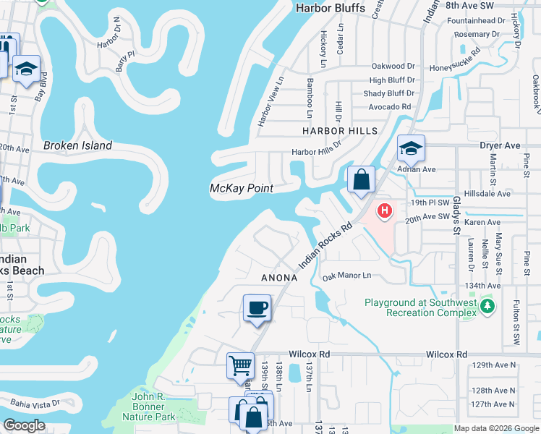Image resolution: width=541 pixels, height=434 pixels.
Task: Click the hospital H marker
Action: pos(385,212)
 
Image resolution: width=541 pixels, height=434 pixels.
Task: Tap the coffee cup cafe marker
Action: pos(257,309)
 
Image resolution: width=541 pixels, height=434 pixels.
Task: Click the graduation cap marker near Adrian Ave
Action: pos(410,149)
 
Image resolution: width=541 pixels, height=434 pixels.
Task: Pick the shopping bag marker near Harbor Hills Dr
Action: pos(361,179)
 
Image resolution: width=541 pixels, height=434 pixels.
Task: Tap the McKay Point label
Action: pos(241,188)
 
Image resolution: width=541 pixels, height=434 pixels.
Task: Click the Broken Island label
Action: pos(77,145)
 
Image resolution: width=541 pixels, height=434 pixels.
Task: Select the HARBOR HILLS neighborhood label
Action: pos(340,130)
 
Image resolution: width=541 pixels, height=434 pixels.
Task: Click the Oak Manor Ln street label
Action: pos(346,276)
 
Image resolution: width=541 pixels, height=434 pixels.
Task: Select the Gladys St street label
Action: pos(457,215)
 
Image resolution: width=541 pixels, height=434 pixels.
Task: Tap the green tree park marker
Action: pos(488,307)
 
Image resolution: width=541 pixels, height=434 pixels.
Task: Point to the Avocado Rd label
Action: pos(387,106)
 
